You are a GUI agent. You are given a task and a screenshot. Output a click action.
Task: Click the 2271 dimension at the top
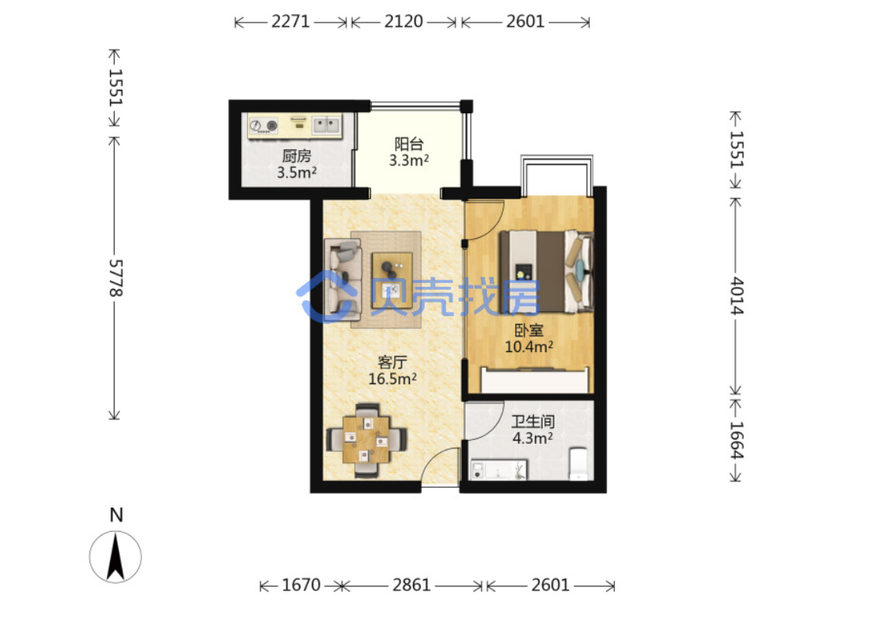coord(291,21)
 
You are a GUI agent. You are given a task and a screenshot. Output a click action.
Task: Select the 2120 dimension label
coord(404,21)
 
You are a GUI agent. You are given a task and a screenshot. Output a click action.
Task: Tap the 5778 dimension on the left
coord(115,278)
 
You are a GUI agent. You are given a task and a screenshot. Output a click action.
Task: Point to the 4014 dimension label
coord(736,296)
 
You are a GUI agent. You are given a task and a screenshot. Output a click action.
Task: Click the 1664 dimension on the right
coord(736,440)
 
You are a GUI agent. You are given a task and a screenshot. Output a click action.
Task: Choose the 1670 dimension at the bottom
coord(302,585)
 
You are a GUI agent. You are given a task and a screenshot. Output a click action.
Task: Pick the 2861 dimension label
coord(411,585)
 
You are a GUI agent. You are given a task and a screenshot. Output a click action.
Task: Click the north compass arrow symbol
coord(115,557)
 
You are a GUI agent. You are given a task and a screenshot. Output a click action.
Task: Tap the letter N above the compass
coord(116,515)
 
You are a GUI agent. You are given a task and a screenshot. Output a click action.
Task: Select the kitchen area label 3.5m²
coord(297,172)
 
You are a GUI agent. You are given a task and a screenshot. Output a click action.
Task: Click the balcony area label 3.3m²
coord(409,160)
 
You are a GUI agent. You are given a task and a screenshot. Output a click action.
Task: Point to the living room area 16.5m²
coord(392,379)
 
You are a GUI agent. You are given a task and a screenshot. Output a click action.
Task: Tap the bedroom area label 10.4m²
coord(528,346)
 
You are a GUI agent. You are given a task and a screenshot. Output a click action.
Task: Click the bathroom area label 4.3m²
coord(532,438)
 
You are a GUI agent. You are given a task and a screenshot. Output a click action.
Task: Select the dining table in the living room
coord(367,440)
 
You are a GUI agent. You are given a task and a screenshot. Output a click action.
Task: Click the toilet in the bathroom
coord(578,464)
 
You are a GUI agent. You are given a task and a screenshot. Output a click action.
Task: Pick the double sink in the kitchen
coord(327,125)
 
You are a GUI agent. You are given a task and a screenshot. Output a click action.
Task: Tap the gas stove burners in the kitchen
coord(264,126)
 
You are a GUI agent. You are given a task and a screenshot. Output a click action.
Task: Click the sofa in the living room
coord(342,279)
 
